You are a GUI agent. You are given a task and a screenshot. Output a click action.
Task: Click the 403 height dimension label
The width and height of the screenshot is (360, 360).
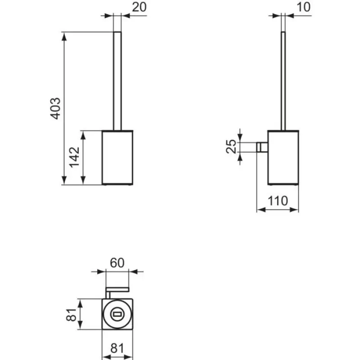(55, 108)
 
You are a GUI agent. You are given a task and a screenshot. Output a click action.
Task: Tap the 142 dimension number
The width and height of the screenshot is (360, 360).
(74, 157)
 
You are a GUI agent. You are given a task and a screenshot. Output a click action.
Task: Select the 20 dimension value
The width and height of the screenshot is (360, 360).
(139, 7)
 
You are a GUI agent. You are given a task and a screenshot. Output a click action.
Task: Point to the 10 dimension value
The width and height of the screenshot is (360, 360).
(303, 7)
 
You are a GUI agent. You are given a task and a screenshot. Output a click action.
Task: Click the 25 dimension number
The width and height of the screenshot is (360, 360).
(231, 146)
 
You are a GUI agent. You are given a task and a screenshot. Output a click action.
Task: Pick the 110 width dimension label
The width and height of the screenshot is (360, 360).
(278, 201)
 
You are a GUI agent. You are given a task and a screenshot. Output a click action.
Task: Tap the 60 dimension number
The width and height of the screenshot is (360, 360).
(117, 263)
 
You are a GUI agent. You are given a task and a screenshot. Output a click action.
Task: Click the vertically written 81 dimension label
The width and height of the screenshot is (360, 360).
(71, 315)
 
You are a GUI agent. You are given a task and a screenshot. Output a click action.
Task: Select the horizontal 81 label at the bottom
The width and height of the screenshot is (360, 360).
(117, 348)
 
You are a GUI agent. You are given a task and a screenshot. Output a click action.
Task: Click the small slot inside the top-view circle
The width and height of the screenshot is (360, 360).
(117, 314)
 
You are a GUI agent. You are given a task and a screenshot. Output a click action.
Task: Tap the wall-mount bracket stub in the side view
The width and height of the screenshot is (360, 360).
(262, 147)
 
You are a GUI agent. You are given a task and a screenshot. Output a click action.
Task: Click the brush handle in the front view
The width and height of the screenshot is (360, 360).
(117, 81)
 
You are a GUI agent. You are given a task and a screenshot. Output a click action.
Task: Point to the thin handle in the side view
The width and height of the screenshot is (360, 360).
(283, 81)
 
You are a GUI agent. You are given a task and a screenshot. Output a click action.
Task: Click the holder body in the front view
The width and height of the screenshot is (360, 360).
(117, 157)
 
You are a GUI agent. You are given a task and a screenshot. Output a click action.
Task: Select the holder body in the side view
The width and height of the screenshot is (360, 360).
(283, 157)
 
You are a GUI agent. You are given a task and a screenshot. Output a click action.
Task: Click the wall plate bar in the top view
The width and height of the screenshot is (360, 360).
(117, 289)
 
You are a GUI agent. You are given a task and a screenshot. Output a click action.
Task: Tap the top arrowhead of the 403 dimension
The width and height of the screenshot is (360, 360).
(64, 36)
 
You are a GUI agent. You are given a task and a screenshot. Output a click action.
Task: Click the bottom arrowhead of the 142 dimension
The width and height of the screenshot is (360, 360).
(83, 180)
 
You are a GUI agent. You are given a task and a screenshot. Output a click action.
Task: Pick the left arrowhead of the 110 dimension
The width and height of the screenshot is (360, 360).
(261, 210)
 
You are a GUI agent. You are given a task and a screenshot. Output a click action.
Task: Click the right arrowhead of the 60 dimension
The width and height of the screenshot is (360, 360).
(133, 272)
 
